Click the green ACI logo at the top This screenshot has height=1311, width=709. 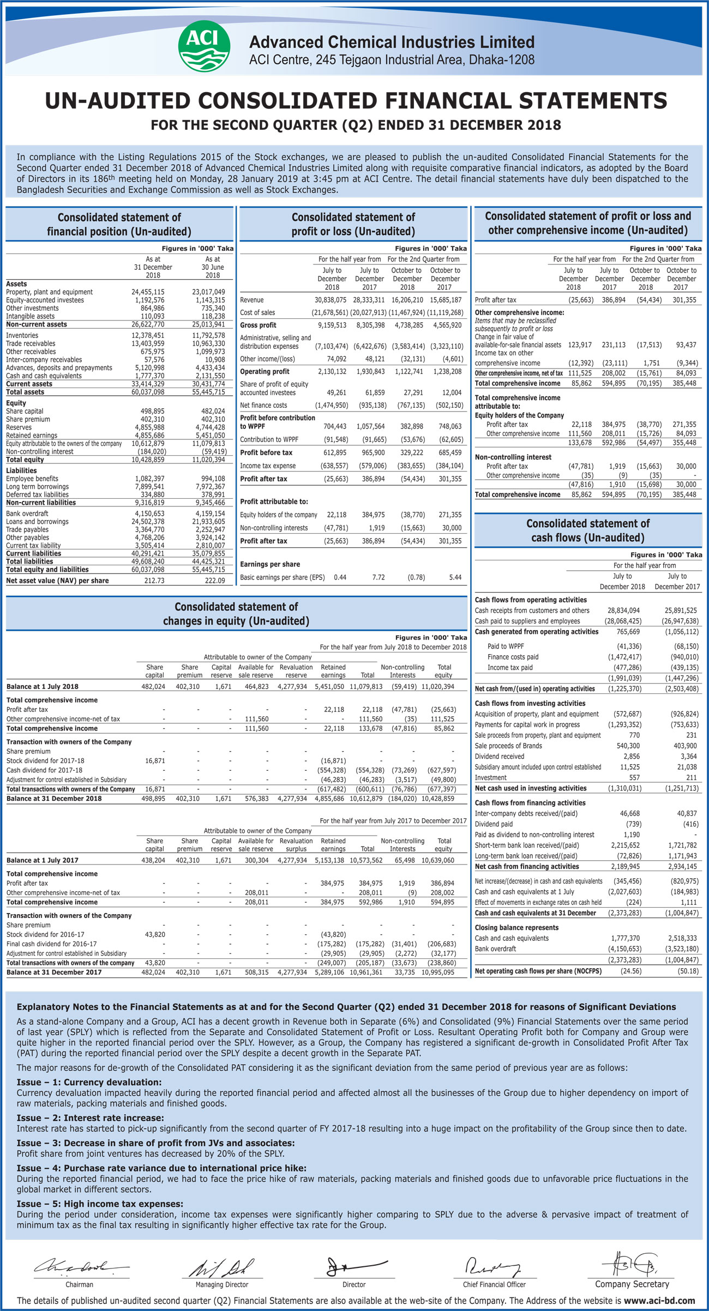(204, 46)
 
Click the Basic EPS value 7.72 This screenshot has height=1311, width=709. (378, 577)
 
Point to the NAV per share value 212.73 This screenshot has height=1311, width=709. (153, 581)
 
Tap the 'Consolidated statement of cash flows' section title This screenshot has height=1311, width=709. (588, 530)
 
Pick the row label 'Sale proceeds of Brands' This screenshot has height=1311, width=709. (508, 746)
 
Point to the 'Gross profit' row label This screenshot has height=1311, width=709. (258, 325)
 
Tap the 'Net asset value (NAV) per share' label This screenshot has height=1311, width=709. (57, 581)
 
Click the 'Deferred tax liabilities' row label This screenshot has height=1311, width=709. (37, 495)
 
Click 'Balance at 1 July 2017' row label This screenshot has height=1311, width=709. (43, 860)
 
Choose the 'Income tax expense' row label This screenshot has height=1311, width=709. (268, 466)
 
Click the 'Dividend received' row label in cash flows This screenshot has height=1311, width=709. (500, 757)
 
